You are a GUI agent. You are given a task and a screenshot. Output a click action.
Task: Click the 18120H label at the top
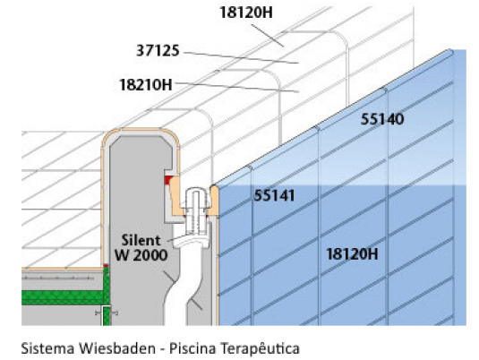pyautogui.click(x=246, y=13)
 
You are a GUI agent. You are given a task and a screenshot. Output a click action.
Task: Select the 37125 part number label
pyautogui.click(x=158, y=50)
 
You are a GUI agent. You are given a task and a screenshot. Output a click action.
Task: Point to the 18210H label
pyautogui.click(x=146, y=85)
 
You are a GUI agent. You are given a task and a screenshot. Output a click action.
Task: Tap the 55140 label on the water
pyautogui.click(x=382, y=119)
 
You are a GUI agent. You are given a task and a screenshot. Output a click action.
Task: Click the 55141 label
pyautogui.click(x=274, y=195)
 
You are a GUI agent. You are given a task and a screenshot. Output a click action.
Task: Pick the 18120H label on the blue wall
pyautogui.click(x=352, y=254)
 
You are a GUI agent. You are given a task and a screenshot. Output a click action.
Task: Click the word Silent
pyautogui.click(x=141, y=240)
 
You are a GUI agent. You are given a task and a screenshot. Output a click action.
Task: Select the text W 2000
pyautogui.click(x=141, y=255)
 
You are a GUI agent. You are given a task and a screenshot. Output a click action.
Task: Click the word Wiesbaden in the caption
pyautogui.click(x=117, y=348)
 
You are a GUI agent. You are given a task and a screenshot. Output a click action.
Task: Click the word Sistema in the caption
pyautogui.click(x=47, y=348)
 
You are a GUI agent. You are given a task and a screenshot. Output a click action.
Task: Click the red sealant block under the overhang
pyautogui.click(x=167, y=180)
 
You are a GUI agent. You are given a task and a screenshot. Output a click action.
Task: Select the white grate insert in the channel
pyautogui.click(x=197, y=210)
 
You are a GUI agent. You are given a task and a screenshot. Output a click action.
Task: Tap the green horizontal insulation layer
pyautogui.click(x=62, y=297)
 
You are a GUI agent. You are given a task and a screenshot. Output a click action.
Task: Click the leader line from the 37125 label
pyautogui.click(x=241, y=57)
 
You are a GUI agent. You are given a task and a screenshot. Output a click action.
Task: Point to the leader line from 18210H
pyautogui.click(x=236, y=87)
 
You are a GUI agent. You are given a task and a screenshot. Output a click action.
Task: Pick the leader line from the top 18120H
pyautogui.click(x=268, y=36)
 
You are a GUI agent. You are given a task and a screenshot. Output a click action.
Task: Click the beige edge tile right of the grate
pyautogui.click(x=214, y=201)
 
